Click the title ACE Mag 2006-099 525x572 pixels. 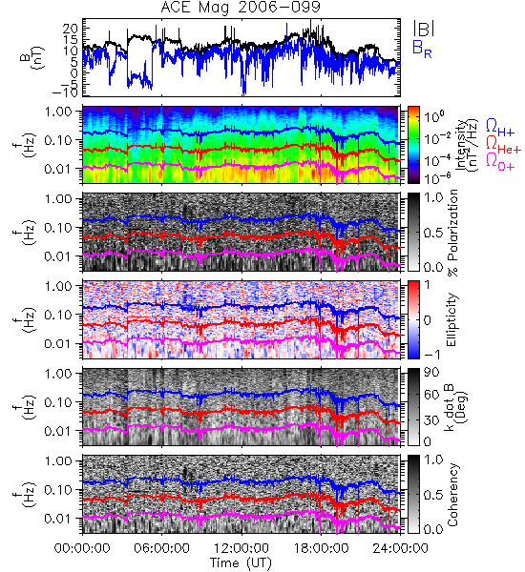pyautogui.click(x=241, y=7)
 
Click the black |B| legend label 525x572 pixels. pyautogui.click(x=424, y=28)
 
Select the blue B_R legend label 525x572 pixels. pyautogui.click(x=422, y=49)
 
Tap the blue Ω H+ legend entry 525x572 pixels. pyautogui.click(x=500, y=128)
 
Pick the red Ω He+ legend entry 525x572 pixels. pyautogui.click(x=503, y=144)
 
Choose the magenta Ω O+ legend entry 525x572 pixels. pyautogui.click(x=500, y=161)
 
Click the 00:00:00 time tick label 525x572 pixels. pyautogui.click(x=82, y=548)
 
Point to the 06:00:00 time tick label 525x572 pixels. pyautogui.click(x=161, y=548)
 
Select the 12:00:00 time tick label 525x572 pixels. pyautogui.click(x=241, y=548)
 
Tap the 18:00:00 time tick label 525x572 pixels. pyautogui.click(x=321, y=548)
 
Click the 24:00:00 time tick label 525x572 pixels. pyautogui.click(x=400, y=548)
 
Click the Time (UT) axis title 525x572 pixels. pyautogui.click(x=241, y=563)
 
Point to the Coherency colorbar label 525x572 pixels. pyautogui.click(x=452, y=495)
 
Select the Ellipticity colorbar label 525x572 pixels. pyautogui.click(x=452, y=319)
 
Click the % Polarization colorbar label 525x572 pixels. pyautogui.click(x=452, y=233)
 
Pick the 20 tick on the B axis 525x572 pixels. pyautogui.click(x=70, y=29)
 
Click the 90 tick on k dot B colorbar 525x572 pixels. pyautogui.click(x=430, y=373)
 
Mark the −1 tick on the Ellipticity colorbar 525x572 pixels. pyautogui.click(x=431, y=354)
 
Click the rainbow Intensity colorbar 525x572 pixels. pyautogui.click(x=413, y=145)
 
